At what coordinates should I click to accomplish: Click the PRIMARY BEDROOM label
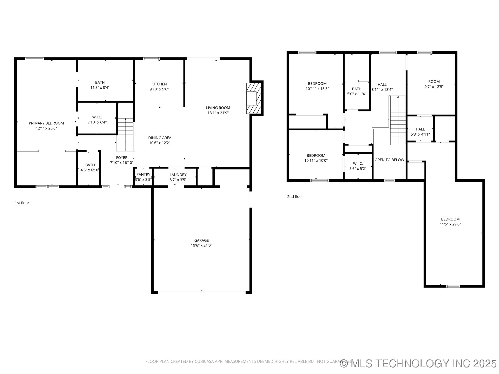46,123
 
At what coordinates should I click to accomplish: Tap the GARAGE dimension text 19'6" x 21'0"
201,245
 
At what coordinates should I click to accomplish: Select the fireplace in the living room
253,98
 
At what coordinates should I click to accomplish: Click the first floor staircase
126,135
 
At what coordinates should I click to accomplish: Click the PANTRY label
143,175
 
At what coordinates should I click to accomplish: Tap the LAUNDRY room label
178,175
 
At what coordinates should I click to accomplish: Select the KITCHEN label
159,84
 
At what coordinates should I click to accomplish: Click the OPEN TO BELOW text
389,160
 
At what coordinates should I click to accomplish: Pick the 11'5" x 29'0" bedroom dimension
450,224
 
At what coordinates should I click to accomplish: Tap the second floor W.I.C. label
358,164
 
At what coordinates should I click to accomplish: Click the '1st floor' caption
22,203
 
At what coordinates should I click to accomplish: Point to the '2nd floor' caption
295,197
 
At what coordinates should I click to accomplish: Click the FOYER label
122,158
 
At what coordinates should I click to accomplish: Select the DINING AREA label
160,138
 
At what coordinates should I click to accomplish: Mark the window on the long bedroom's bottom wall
453,286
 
